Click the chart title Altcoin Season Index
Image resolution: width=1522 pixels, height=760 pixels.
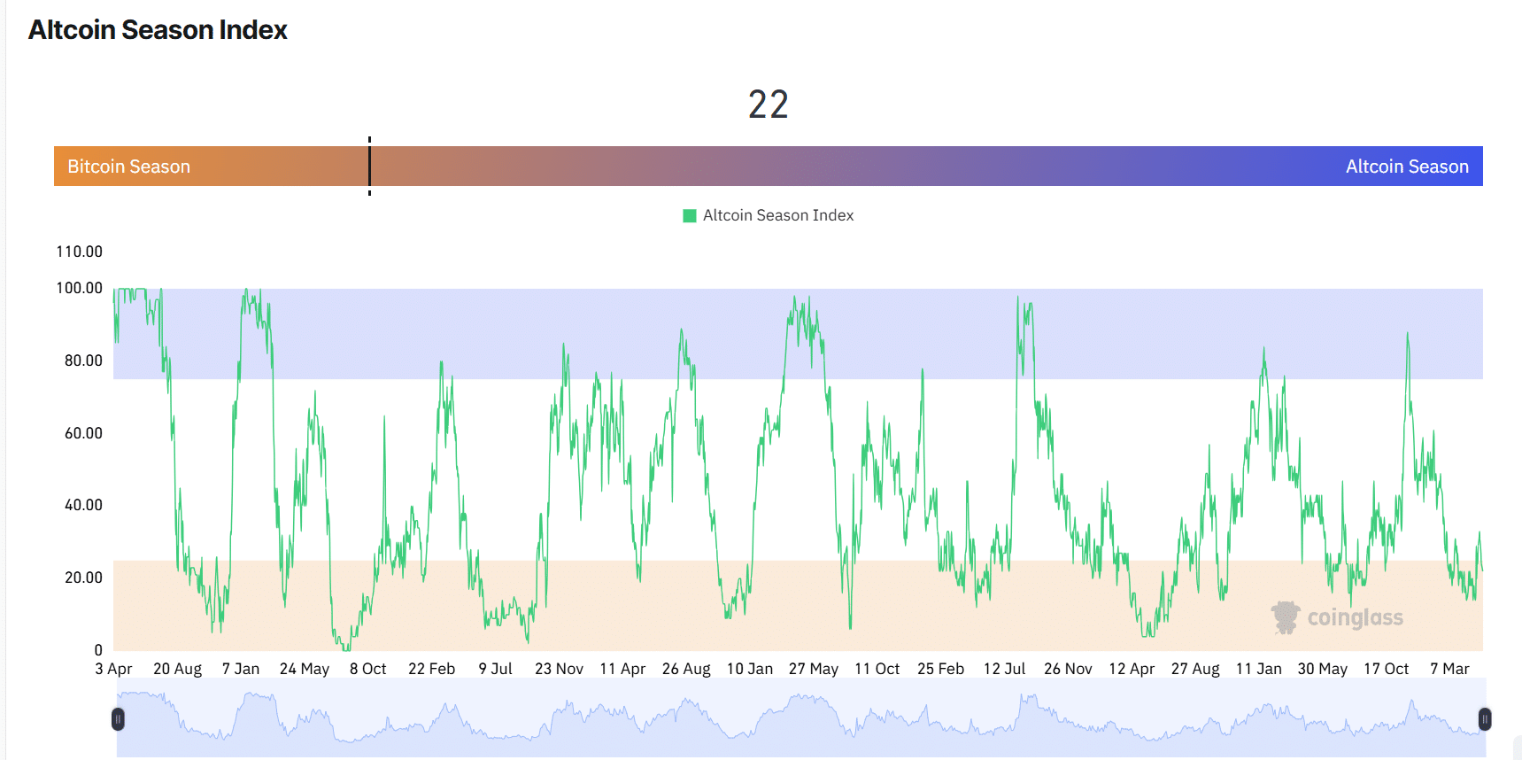point(158,30)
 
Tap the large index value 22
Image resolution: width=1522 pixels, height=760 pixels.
point(768,105)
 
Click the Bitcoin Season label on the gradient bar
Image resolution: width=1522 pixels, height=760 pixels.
point(128,167)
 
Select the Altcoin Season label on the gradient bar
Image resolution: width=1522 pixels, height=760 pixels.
point(1407,167)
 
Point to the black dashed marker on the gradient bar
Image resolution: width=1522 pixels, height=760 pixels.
point(369,166)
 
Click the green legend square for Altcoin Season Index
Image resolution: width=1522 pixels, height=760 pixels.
point(690,215)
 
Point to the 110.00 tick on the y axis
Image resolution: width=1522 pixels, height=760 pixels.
point(80,252)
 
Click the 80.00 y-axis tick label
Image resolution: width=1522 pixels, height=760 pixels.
point(83,361)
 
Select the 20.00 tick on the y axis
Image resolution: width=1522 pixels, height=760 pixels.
point(83,578)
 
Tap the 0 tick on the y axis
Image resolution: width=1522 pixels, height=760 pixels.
point(98,650)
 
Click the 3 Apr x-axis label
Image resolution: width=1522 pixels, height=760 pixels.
point(113,669)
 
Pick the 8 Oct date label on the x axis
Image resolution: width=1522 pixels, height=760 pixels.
point(368,669)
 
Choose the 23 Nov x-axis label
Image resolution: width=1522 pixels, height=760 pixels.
point(559,669)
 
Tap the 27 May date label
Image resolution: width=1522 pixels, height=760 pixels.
point(814,669)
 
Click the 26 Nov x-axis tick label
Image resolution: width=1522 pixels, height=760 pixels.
point(1068,669)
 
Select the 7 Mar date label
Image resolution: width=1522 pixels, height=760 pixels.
point(1449,669)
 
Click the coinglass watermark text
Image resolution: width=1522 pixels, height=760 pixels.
point(1355,617)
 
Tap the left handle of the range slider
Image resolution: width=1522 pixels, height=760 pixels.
point(118,719)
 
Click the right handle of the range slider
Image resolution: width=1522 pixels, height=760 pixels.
point(1485,719)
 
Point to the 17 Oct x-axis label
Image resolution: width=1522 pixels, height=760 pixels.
point(1386,669)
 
